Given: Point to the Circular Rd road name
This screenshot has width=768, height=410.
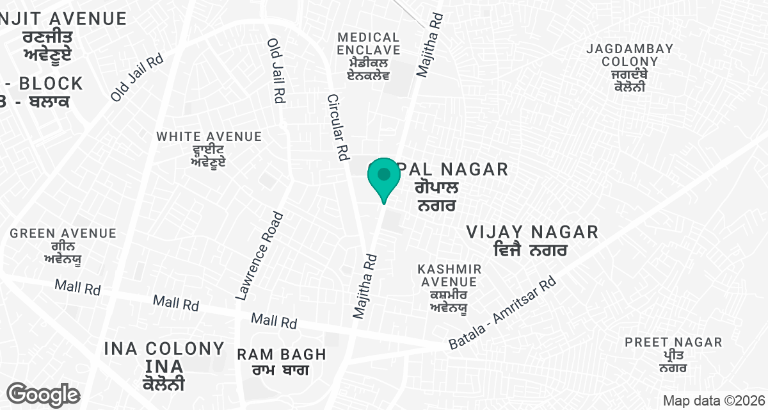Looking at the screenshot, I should point(337,127).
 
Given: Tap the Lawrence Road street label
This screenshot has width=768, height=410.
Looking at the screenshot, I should point(259,256).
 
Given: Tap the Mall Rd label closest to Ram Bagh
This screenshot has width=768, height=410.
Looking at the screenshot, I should point(273,320).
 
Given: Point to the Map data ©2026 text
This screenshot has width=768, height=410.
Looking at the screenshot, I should point(714,401).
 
